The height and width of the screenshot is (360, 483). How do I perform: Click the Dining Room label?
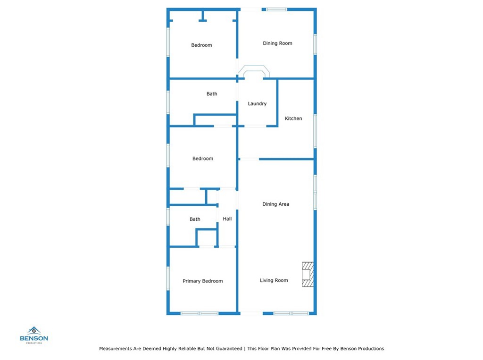277,43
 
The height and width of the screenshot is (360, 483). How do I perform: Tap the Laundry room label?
257,104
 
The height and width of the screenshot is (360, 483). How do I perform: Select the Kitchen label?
293,118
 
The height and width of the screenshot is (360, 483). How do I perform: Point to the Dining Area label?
275,204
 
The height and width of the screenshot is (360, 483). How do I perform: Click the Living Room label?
274,280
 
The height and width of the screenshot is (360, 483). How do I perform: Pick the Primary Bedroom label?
203,281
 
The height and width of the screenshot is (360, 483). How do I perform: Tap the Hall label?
227,219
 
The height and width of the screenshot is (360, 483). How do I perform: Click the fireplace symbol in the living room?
308,274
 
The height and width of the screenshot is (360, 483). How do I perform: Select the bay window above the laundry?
254,71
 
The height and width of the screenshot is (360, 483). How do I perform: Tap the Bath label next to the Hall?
195,219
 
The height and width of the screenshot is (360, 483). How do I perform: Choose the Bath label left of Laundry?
212,94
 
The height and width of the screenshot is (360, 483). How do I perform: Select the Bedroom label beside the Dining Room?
201,45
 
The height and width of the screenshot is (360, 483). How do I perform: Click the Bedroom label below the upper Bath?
203,159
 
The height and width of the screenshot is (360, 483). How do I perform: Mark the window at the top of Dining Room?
276,9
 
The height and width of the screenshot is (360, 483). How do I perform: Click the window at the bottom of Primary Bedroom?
199,313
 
